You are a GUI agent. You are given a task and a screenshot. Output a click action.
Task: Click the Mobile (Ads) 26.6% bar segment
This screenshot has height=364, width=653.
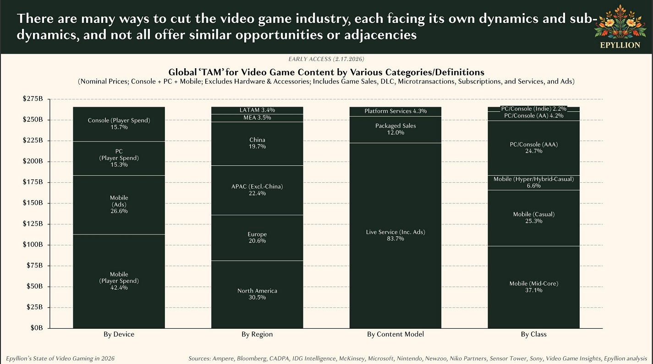click(x=119, y=205)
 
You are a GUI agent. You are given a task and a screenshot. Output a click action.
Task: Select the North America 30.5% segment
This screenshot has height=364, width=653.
click(x=257, y=294)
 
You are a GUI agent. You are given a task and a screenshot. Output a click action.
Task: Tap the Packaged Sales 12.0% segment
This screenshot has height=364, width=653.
click(x=395, y=129)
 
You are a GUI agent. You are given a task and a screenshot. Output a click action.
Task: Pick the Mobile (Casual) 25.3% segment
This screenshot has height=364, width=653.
click(x=533, y=217)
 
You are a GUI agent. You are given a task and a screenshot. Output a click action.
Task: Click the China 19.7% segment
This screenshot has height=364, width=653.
click(x=257, y=143)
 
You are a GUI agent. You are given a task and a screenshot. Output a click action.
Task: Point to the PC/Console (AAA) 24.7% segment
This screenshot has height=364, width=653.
click(x=533, y=147)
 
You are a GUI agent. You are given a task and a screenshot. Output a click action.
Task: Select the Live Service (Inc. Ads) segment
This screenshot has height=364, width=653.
click(x=395, y=235)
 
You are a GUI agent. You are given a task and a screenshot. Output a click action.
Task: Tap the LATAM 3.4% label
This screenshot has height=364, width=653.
click(x=257, y=110)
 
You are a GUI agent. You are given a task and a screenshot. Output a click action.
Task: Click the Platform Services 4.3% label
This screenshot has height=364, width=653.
click(x=395, y=111)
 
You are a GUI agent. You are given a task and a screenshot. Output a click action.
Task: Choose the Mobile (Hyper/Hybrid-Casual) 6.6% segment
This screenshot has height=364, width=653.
click(x=533, y=182)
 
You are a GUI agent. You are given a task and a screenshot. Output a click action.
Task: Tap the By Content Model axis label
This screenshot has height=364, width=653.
click(x=395, y=334)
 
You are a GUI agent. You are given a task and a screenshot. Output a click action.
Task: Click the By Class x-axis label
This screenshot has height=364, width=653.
click(x=533, y=334)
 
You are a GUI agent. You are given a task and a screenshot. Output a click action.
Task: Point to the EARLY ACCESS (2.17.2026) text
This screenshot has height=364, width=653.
click(x=326, y=59)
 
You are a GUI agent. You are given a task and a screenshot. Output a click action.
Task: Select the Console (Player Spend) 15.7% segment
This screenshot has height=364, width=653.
click(x=119, y=124)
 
